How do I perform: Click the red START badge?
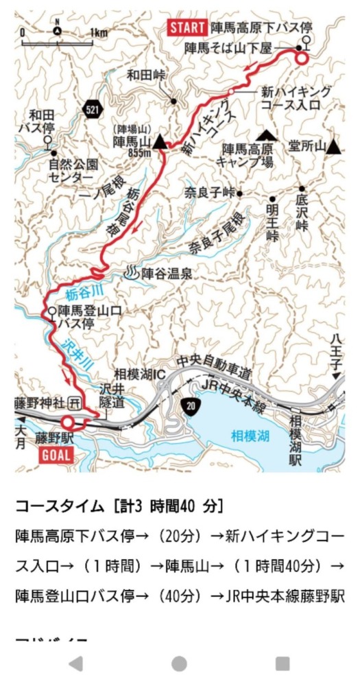click(x=187, y=29)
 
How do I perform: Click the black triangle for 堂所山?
click(x=333, y=146)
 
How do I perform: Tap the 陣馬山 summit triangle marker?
click(x=160, y=142)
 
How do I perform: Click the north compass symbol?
click(x=58, y=30)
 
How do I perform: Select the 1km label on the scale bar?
click(x=98, y=33)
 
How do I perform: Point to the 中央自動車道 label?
click(x=214, y=366)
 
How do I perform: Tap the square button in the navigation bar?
click(x=283, y=663)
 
